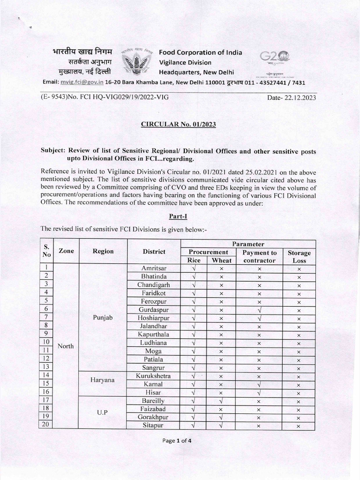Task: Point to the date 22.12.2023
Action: point(297,97)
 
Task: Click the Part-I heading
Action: point(180,216)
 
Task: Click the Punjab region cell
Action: point(103,317)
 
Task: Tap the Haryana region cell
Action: point(103,380)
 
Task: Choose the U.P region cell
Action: point(103,413)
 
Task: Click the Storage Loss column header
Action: point(299,256)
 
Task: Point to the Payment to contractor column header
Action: point(259,256)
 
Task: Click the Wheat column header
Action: point(221,260)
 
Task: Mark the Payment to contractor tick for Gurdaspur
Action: point(259,309)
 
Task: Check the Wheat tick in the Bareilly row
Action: point(221,401)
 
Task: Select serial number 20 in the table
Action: point(47,425)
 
